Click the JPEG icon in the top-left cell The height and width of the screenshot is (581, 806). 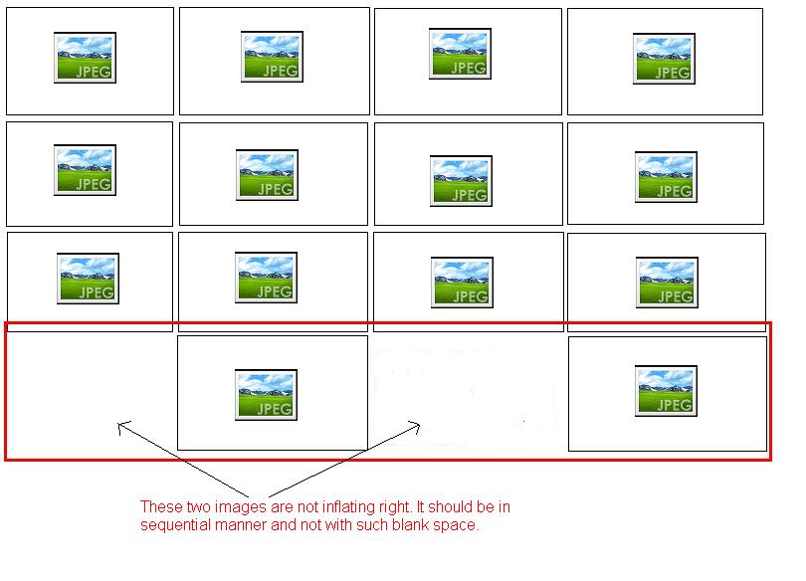[x=85, y=58]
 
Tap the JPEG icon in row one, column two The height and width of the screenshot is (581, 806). [x=272, y=56]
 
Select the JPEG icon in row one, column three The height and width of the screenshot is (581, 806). [x=460, y=54]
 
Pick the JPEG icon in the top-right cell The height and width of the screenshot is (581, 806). [x=664, y=59]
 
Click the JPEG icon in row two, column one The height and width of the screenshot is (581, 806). [x=85, y=170]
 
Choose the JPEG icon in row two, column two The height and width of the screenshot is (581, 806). [x=267, y=175]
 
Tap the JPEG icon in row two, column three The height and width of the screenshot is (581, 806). [x=461, y=181]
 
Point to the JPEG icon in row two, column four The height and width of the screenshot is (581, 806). [x=666, y=177]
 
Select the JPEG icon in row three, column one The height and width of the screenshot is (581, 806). [x=89, y=279]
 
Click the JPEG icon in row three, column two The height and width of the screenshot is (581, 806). [x=266, y=278]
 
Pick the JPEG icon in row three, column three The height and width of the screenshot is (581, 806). [x=462, y=283]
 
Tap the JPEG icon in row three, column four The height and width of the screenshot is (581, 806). [x=667, y=282]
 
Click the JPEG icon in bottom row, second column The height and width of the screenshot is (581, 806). [x=266, y=394]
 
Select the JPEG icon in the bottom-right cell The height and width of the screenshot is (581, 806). [x=666, y=391]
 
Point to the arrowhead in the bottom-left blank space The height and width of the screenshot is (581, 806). [x=120, y=426]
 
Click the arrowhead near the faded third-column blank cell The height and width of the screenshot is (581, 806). [x=418, y=426]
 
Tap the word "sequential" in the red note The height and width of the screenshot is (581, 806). [x=172, y=525]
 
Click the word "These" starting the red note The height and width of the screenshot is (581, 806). [x=158, y=507]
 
